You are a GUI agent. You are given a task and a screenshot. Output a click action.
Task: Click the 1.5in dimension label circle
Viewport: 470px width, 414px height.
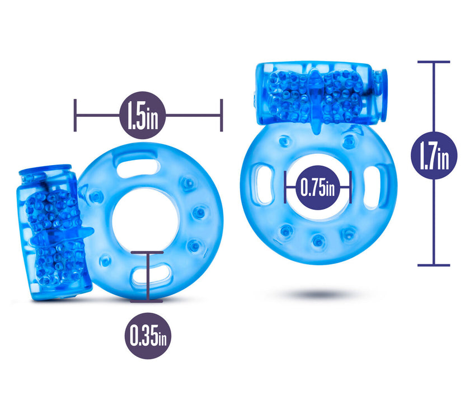(x=143, y=115)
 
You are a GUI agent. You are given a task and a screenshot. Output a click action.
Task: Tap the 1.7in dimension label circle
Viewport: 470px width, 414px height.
(x=434, y=156)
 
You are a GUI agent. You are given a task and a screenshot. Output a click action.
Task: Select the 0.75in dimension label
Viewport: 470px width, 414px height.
(x=318, y=187)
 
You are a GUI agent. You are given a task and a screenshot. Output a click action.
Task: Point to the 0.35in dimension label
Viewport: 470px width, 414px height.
(x=148, y=336)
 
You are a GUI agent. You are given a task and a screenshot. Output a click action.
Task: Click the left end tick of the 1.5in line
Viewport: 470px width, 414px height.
(x=75, y=115)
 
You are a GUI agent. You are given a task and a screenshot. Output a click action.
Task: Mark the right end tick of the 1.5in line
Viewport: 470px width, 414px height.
(x=222, y=115)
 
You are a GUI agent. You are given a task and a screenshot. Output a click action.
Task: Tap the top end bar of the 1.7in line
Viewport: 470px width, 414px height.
(x=434, y=62)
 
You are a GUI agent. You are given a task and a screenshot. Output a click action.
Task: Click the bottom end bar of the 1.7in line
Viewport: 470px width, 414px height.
(x=434, y=265)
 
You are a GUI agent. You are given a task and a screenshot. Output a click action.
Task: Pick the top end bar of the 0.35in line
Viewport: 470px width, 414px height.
(x=147, y=252)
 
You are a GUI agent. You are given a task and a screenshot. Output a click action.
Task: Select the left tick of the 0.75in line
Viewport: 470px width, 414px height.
(x=285, y=187)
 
